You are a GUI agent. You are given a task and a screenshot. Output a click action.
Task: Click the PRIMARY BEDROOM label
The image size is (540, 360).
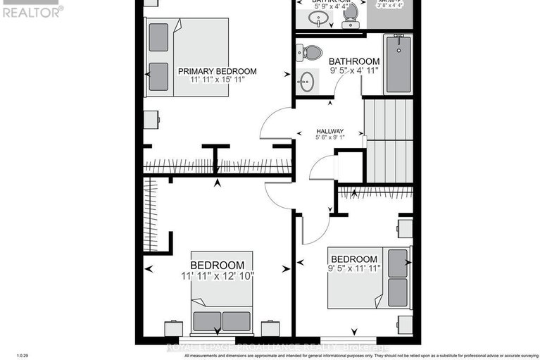217,71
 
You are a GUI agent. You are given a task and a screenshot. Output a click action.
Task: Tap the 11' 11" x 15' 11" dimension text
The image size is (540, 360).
217,80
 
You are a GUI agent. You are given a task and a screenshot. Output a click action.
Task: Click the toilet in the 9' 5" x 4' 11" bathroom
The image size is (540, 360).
309,51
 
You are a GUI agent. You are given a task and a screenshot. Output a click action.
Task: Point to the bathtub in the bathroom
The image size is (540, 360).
399,64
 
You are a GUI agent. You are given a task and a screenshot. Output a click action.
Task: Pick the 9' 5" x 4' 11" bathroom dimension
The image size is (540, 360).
354,71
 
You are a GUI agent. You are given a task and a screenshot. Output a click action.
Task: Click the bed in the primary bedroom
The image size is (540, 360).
187,57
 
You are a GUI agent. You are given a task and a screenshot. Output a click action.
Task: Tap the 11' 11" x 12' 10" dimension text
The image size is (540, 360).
217,275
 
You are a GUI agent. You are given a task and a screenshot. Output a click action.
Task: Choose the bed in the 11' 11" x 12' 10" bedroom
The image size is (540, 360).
222,314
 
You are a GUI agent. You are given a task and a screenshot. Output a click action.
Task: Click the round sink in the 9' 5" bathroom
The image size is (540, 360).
306,82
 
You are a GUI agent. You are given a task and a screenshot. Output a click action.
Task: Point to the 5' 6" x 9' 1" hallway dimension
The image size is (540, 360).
329,138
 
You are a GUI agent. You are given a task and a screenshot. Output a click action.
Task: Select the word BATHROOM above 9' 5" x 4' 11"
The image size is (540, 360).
354,61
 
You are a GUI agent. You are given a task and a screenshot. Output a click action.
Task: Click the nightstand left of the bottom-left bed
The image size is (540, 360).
173,328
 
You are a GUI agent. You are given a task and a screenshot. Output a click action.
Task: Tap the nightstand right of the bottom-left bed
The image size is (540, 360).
270,328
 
